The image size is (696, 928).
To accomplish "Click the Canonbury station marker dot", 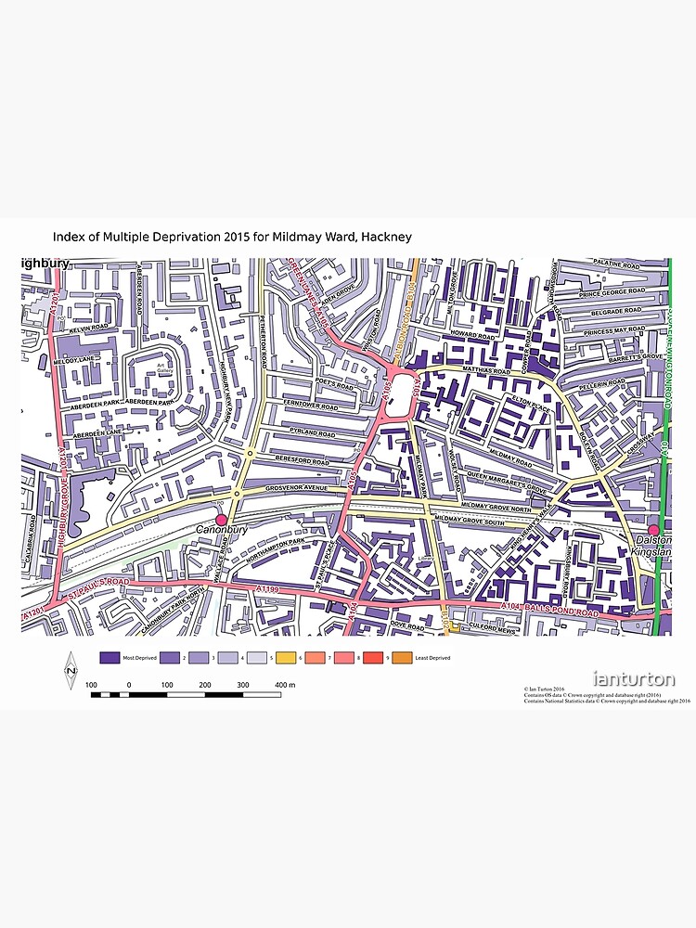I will [221, 520].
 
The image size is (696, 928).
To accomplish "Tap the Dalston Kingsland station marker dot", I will [653, 530].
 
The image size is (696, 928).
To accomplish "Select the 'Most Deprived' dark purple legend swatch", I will [110, 657].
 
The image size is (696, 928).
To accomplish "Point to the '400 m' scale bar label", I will [284, 685].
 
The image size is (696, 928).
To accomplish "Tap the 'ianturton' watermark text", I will [634, 679].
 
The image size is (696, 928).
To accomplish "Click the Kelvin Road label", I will [89, 328].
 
